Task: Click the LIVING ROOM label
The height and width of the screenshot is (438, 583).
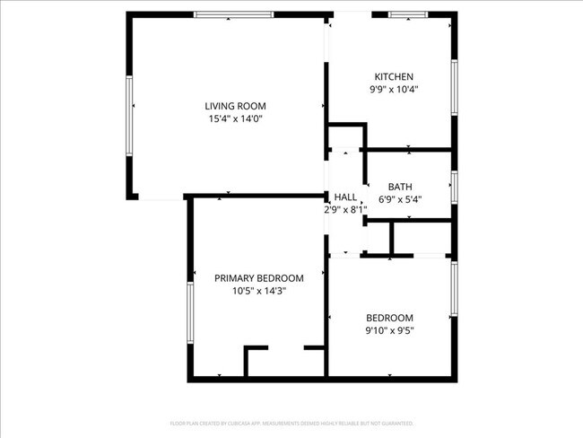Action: [x=234, y=106]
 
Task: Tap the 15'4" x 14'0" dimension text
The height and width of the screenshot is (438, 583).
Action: [x=234, y=118]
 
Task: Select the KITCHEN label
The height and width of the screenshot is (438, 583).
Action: [x=394, y=76]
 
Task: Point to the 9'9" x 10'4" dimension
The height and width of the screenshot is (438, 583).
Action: [x=394, y=89]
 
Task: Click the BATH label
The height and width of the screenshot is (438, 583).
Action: [x=400, y=187]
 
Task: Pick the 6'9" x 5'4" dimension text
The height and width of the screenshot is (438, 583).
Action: [x=400, y=199]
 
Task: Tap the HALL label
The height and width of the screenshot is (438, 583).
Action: [x=345, y=197]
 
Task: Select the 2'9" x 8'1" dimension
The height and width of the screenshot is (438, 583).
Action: [x=345, y=209]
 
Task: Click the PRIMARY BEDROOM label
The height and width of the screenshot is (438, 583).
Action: [x=258, y=278]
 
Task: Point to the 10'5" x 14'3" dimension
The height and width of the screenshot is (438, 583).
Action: [x=258, y=291]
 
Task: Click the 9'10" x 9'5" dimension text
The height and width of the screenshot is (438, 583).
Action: [x=389, y=330]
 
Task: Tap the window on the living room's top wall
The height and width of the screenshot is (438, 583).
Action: [x=234, y=14]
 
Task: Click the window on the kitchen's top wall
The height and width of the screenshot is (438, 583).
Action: [x=409, y=14]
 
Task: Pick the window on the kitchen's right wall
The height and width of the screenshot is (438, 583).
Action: [x=455, y=86]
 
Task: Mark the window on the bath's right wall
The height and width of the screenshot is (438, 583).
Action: [x=455, y=187]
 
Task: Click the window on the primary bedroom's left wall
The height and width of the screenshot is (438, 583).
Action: [x=190, y=313]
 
